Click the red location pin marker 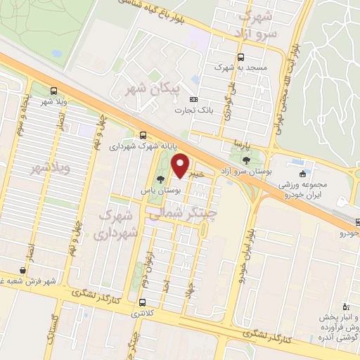(x=181, y=165)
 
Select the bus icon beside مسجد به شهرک (x=241, y=58)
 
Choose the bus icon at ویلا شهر (x=54, y=91)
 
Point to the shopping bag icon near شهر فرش (x=24, y=270)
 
